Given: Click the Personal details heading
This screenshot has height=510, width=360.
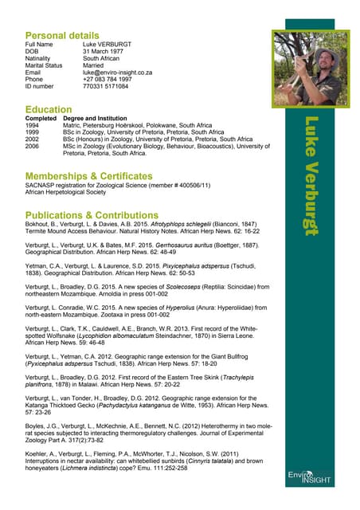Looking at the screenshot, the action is [62, 36].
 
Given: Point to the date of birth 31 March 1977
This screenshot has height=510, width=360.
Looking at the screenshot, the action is [107, 51].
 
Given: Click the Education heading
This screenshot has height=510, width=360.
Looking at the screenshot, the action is [49, 108].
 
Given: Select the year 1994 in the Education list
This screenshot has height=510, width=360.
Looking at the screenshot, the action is [33, 125].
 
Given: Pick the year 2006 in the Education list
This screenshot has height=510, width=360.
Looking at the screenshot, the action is [33, 147].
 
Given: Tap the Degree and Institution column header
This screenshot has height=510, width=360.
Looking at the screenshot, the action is [96, 118].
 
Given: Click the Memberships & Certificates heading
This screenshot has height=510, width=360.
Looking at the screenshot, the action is [88, 175].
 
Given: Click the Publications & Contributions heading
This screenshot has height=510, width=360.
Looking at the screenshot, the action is [93, 215].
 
